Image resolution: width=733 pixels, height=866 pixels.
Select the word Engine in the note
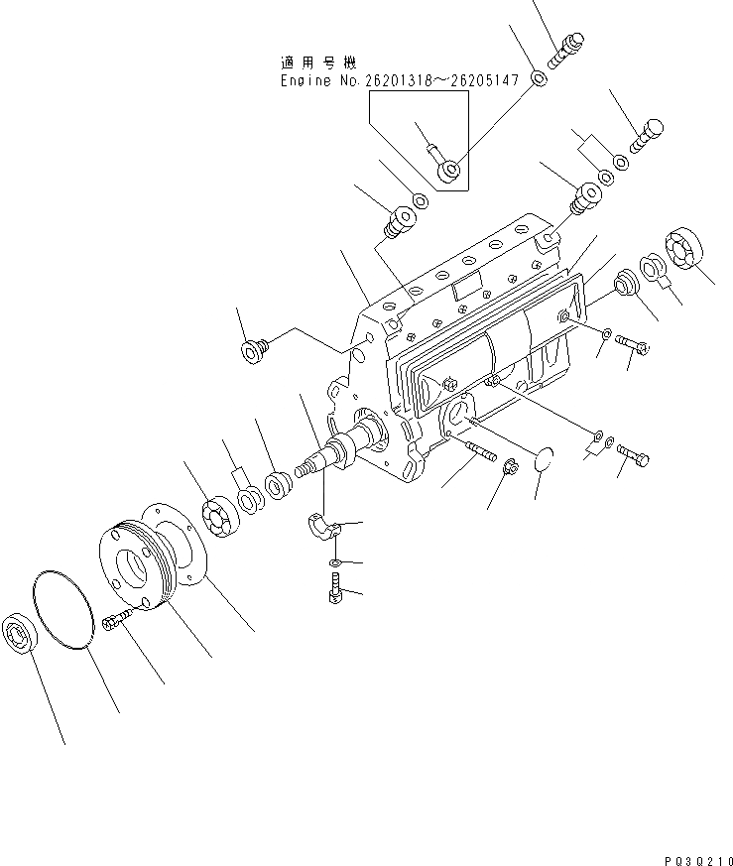304,81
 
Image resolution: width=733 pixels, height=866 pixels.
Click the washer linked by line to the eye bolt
539,77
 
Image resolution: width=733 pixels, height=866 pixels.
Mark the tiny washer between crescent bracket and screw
335,563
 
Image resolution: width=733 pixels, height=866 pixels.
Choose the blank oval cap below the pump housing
545,461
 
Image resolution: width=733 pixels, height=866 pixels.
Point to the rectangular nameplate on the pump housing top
464,288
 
